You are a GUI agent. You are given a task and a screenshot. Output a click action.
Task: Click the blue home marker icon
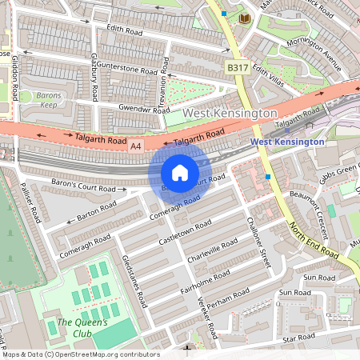click(180, 172)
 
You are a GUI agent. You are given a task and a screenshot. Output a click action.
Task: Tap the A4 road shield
click(136, 146)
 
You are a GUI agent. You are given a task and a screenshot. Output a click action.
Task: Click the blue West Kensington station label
click(287, 142)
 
